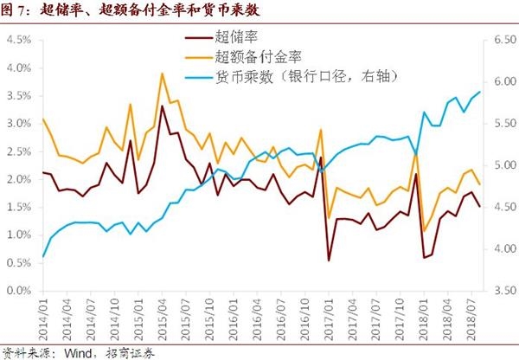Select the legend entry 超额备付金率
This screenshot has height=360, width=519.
point(259,58)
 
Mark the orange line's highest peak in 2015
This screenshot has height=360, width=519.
point(163,74)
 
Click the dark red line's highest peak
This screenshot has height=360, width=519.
point(163,106)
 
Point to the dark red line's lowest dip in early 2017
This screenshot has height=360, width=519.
point(329,260)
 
